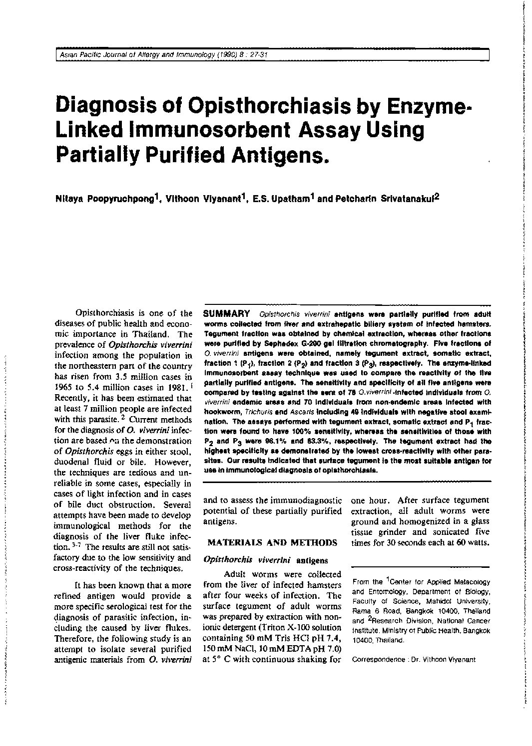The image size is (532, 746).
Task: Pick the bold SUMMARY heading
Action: pos(226,314)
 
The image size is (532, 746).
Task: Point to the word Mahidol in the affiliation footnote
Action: pos(436,601)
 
